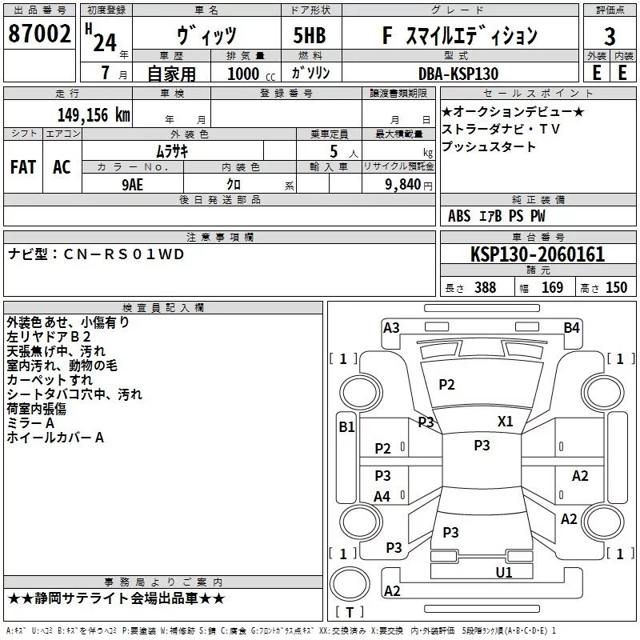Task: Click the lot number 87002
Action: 39,34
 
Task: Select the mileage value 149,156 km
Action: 94,115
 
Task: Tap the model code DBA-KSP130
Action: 458,74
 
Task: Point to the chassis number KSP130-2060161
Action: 538,254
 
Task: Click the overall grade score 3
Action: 610,37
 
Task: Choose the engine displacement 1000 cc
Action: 251,74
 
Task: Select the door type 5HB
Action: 310,35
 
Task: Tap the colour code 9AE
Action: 133,185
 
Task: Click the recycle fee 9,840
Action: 403,185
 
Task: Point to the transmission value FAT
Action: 23,167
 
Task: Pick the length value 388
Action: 486,287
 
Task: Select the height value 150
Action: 616,287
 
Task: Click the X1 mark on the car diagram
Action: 505,422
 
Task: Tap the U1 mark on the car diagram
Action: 504,572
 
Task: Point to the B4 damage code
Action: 571,327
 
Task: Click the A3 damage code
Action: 391,327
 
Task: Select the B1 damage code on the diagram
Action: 346,426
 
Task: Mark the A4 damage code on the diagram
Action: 382,496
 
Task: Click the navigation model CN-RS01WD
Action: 124,254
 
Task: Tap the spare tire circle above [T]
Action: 350,584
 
